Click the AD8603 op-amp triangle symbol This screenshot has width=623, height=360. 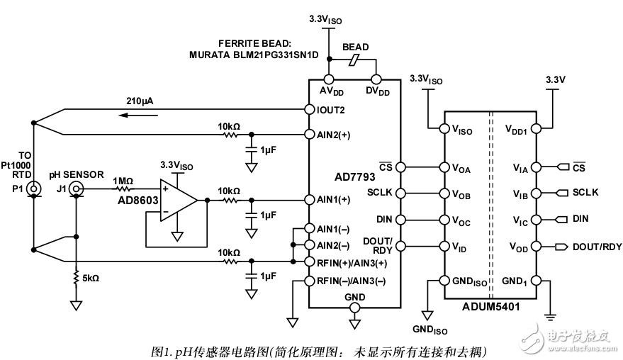(x=179, y=200)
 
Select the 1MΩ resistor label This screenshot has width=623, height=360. (x=123, y=181)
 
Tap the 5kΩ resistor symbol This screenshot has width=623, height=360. (x=76, y=278)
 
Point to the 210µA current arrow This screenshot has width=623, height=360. (x=138, y=116)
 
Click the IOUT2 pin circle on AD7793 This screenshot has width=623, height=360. (x=309, y=109)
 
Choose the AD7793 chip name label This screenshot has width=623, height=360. (x=355, y=177)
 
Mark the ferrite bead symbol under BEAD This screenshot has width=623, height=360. (x=354, y=60)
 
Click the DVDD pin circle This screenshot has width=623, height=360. (x=376, y=79)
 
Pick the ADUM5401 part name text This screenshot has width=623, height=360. (x=490, y=307)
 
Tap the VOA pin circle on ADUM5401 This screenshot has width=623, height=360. (x=444, y=167)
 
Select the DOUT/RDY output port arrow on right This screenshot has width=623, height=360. (x=561, y=247)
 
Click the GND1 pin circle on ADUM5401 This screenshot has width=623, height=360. (x=536, y=281)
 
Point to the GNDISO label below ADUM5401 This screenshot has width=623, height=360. (x=430, y=330)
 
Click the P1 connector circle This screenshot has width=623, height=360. (x=34, y=189)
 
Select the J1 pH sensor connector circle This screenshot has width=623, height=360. (x=76, y=189)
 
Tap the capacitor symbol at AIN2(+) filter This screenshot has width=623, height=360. (x=251, y=150)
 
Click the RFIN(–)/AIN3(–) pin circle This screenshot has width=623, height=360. (x=309, y=281)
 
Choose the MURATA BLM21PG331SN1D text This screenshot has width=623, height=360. (x=254, y=55)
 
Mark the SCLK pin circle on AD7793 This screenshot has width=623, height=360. (x=400, y=193)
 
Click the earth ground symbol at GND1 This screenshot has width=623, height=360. (x=551, y=317)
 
